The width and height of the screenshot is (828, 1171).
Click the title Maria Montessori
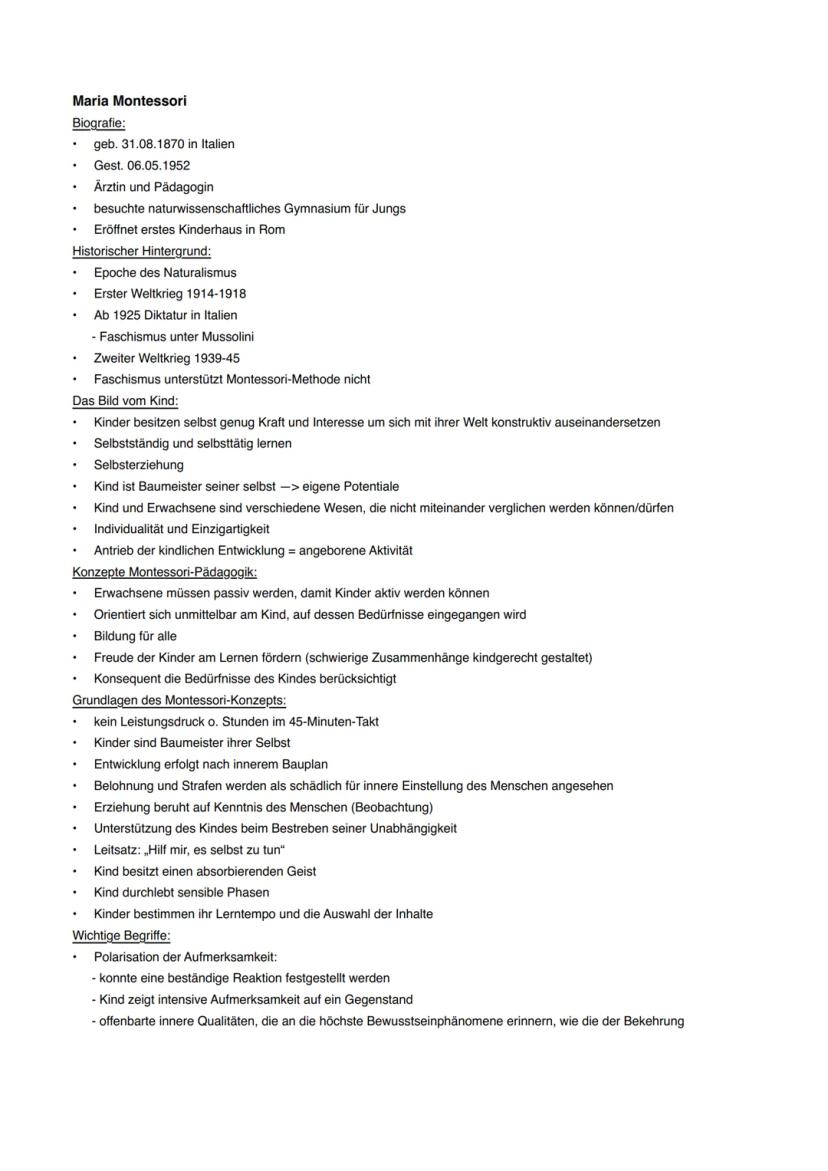(x=129, y=101)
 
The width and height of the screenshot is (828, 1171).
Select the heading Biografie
(x=98, y=123)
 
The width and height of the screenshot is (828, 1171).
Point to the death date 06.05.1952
(x=157, y=165)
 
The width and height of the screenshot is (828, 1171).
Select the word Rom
(x=273, y=230)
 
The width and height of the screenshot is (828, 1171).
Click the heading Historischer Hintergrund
(x=141, y=251)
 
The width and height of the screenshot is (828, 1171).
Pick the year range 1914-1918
(x=216, y=294)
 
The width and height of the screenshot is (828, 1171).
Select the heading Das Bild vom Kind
(x=125, y=401)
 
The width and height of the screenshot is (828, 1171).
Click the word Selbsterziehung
(x=139, y=465)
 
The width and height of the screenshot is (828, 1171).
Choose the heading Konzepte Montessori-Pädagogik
(x=164, y=572)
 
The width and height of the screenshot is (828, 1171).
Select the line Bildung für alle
(x=135, y=636)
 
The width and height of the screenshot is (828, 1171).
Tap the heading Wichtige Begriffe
(x=121, y=936)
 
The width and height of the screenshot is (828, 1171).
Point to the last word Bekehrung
(x=653, y=1021)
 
